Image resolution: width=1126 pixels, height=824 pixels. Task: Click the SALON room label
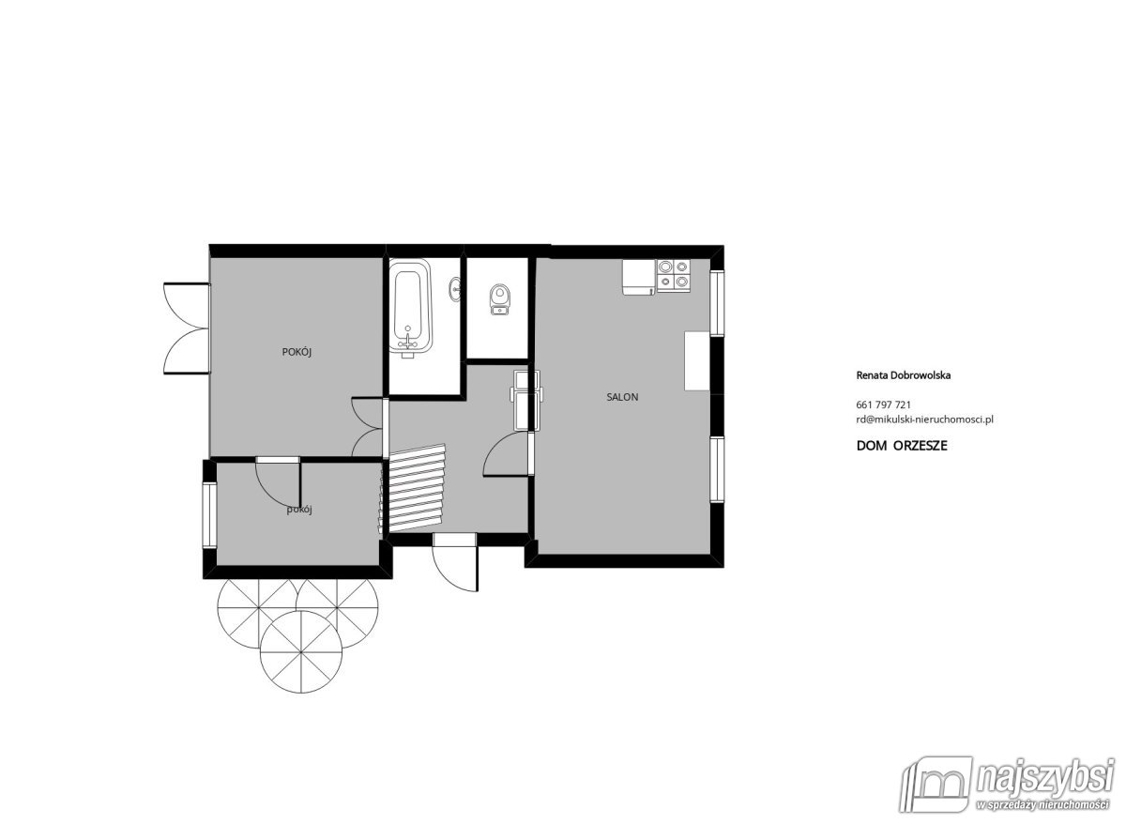622,397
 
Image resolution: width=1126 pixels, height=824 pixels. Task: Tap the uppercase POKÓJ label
297,352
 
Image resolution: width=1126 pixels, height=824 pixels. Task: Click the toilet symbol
499,298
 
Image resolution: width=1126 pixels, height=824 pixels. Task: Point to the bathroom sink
455,289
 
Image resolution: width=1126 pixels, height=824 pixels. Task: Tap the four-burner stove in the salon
674,276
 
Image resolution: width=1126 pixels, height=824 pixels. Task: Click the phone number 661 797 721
883,404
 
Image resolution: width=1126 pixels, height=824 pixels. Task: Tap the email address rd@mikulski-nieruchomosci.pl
924,420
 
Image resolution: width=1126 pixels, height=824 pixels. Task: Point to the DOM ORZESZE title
902,446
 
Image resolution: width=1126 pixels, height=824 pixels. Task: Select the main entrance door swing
454,562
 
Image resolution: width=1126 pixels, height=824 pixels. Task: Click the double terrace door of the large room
187,328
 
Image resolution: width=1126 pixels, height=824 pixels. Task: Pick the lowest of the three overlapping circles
301,652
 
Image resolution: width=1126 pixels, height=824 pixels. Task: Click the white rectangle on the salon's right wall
696,360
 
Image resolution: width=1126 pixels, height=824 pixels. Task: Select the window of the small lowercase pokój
209,515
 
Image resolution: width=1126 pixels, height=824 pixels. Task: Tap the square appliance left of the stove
639,277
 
